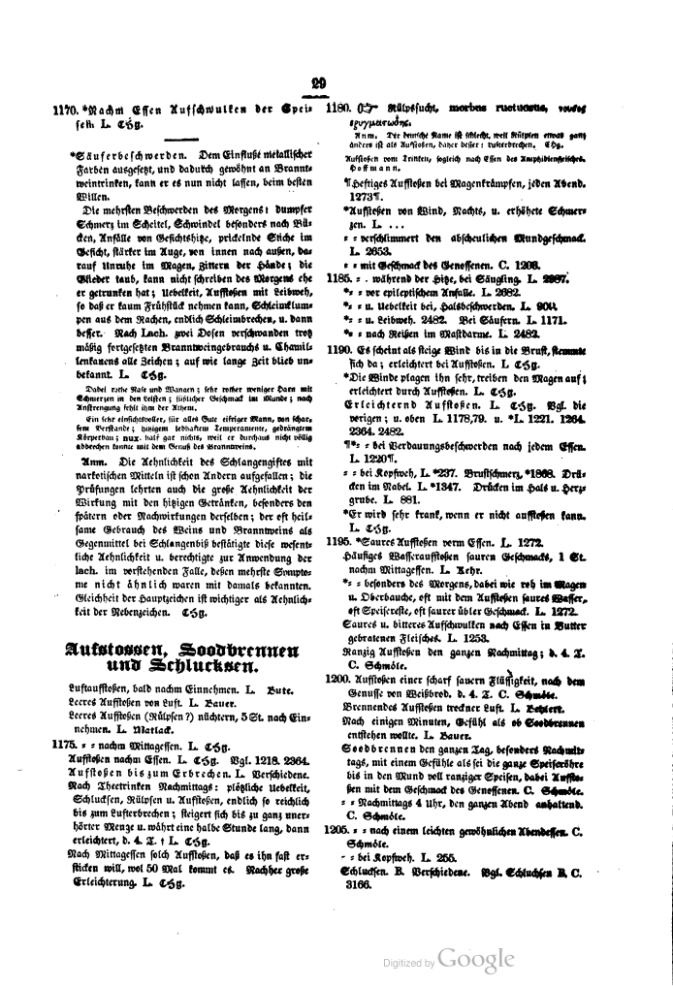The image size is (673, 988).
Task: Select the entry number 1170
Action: [65, 110]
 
